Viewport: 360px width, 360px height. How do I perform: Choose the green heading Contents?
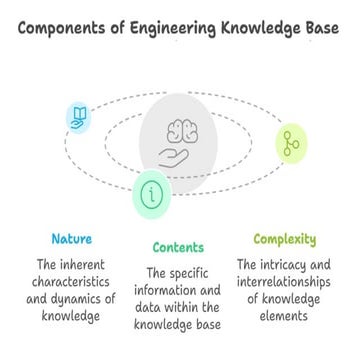[178, 247]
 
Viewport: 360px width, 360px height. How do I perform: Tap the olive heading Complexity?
[285, 240]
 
